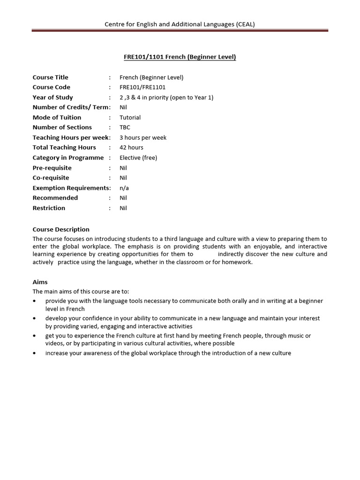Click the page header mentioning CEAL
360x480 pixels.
180,24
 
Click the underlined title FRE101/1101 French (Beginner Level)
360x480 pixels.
180,57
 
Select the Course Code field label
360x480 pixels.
52,87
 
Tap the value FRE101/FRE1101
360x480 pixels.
142,87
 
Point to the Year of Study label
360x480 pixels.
53,97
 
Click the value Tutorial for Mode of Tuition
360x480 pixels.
130,118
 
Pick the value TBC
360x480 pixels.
125,127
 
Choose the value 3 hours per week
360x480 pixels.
143,138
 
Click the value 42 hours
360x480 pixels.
131,148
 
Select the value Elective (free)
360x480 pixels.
138,158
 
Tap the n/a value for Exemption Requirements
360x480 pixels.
124,188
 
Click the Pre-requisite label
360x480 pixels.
52,168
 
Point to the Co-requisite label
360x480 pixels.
51,178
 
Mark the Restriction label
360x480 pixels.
49,208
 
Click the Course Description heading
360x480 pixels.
61,230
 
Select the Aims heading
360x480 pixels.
40,282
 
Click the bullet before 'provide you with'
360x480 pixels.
35,301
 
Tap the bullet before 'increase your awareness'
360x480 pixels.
35,353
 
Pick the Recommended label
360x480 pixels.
55,198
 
